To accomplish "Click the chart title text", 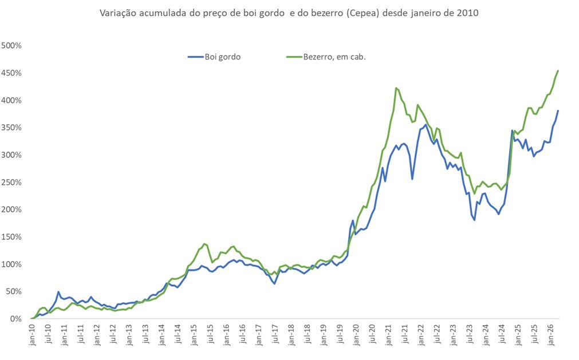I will click(x=289, y=13).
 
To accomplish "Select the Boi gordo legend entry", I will click(x=215, y=57).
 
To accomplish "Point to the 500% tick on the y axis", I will click(x=11, y=46).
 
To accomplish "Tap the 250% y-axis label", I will click(x=11, y=183).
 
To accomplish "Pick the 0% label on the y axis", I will click(x=15, y=319).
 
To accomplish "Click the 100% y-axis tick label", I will click(x=11, y=264).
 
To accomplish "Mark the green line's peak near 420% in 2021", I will click(x=396, y=88).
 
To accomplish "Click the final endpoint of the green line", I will click(x=558, y=71).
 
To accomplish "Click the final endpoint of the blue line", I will click(x=558, y=111).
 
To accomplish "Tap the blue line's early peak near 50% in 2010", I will click(x=58, y=292).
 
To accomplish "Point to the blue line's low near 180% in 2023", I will click(x=474, y=220).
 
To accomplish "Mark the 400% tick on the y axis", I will click(x=11, y=101).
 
